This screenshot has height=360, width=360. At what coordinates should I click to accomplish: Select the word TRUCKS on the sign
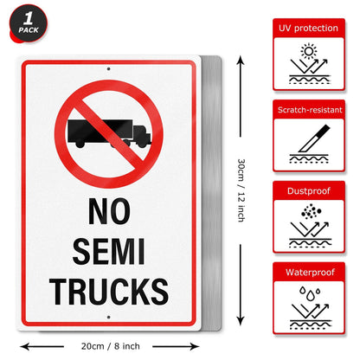pos(108,292)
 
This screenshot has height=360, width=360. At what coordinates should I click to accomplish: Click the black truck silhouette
pos(108,132)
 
